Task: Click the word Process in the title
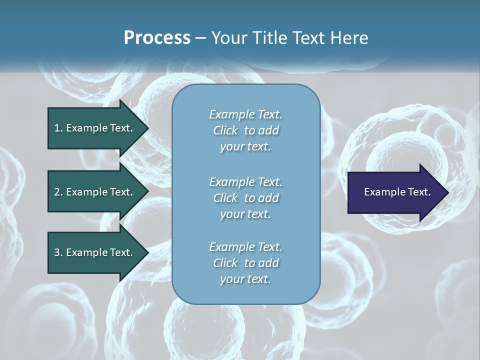[x=157, y=38]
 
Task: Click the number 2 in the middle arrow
[x=57, y=192]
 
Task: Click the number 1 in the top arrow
[x=57, y=128]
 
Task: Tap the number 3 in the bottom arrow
[x=57, y=252]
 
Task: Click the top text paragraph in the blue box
[x=245, y=130]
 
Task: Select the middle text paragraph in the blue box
[x=245, y=198]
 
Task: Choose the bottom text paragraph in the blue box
[x=245, y=263]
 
